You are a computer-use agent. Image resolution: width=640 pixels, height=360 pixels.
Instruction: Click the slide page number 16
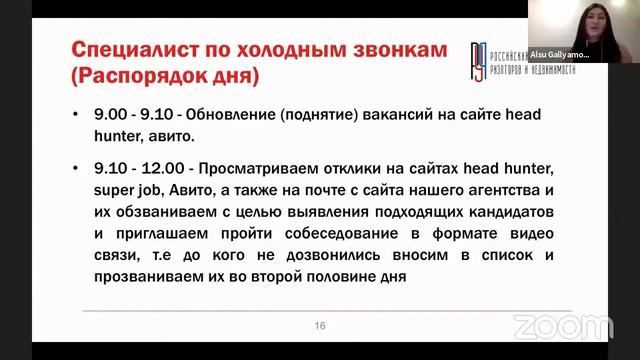coord(321,325)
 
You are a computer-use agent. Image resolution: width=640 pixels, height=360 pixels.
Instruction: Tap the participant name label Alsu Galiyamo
coord(558,57)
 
